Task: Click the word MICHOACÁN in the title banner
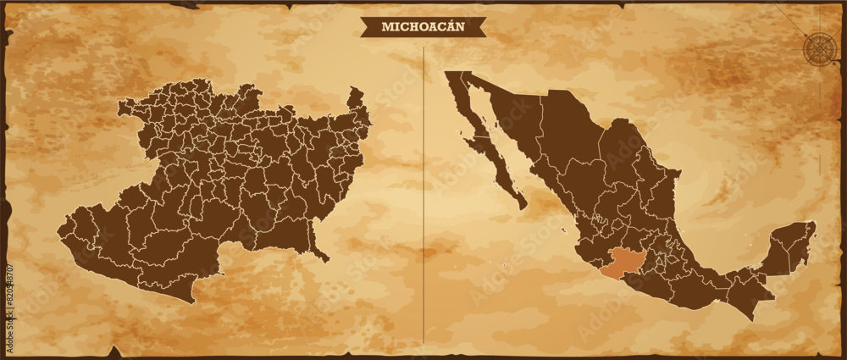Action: [423, 26]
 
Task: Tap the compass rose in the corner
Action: [819, 47]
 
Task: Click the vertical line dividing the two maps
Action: [423, 195]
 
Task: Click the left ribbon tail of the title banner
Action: [367, 27]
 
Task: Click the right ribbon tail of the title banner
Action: [480, 27]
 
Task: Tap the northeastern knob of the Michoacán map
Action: [356, 97]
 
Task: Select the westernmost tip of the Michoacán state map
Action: [59, 229]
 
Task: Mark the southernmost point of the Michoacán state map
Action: [193, 301]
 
